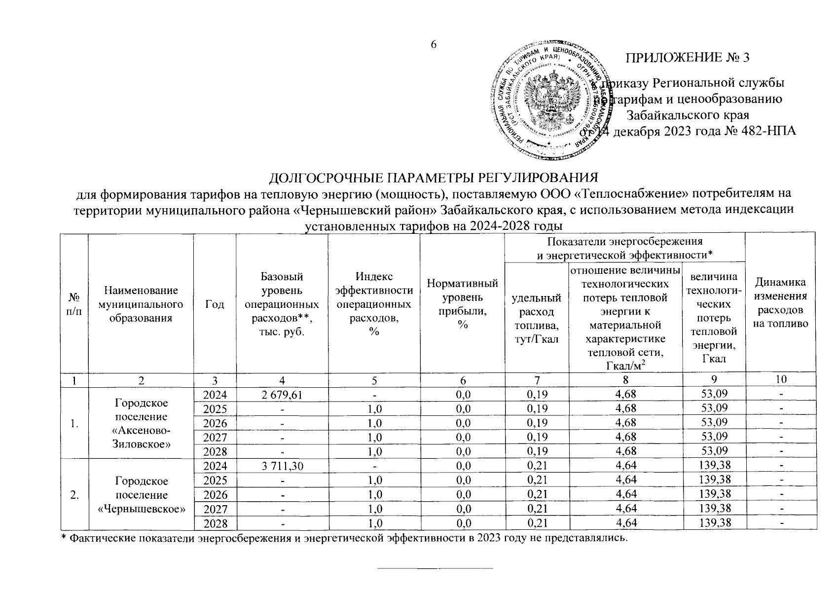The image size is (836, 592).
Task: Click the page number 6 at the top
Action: pos(434,44)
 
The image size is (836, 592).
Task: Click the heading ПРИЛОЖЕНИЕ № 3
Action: pos(688,58)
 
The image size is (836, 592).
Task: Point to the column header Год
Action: pos(215,304)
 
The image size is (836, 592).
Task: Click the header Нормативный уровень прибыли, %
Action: pos(462,304)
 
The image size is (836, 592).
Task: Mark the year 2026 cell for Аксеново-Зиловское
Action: pos(215,423)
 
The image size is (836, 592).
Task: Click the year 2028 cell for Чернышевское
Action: pos(215,523)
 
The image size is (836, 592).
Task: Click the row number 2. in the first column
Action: pos(74,495)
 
